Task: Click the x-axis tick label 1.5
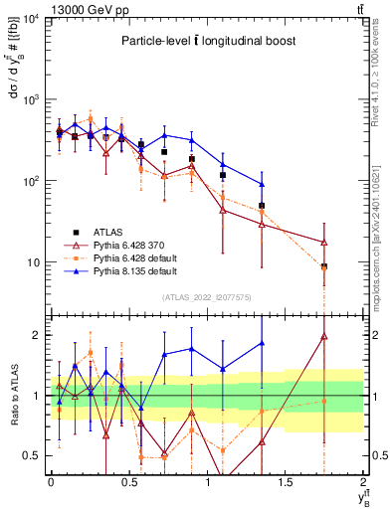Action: pos(286,481)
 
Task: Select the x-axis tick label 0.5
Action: pos(128,481)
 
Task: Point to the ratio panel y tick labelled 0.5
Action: pos(34,455)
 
